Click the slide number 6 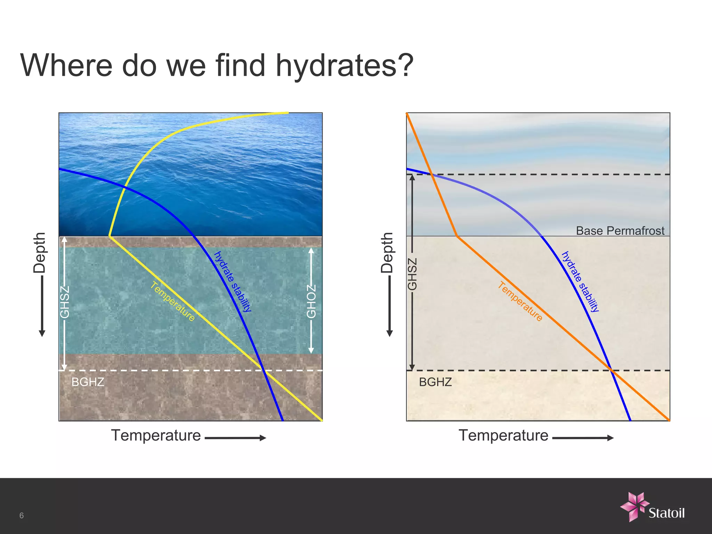[22, 516]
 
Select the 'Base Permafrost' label [620, 230]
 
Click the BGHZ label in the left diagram [88, 382]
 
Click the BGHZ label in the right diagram [435, 382]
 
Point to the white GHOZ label [311, 301]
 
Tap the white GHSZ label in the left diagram [65, 302]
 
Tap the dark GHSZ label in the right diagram [412, 274]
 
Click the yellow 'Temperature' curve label [173, 301]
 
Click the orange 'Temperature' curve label [520, 301]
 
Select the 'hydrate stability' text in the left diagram [232, 282]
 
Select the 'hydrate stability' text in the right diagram [580, 282]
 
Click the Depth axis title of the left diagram [39, 252]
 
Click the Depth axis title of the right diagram [387, 252]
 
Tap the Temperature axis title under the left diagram [156, 435]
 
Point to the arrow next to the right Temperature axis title [583, 438]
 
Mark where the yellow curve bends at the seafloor [110, 236]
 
